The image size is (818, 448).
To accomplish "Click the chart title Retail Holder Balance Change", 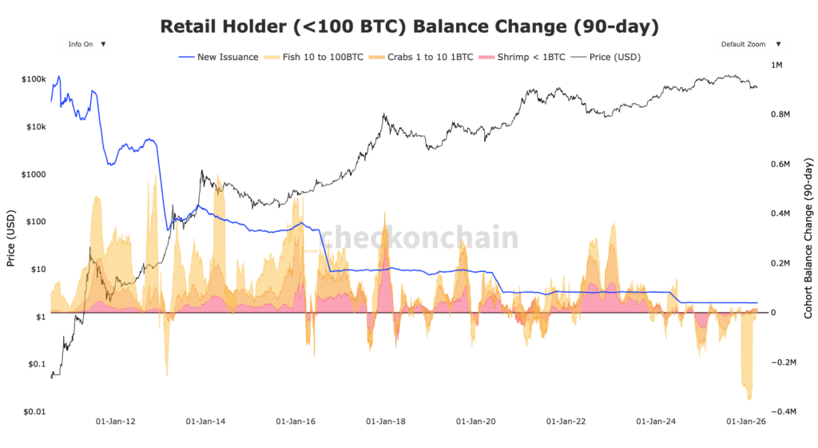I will pos(409,26).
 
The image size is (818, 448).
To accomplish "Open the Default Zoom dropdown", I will pos(751,45).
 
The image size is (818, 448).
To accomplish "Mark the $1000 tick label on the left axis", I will pos(33,174).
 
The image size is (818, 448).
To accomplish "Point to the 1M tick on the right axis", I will pos(776,65).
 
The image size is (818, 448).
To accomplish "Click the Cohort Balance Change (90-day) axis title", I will pos(808,238).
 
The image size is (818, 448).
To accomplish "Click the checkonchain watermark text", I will pos(419,238).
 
